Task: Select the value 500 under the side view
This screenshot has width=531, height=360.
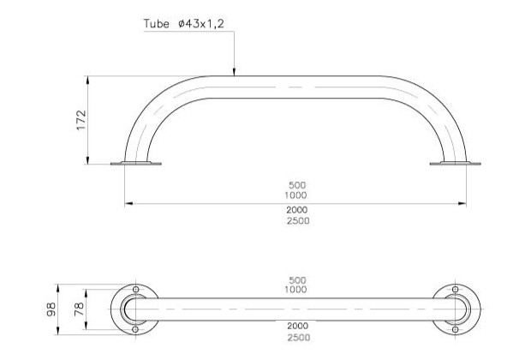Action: tap(297, 184)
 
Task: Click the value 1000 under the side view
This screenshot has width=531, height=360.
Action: tap(297, 195)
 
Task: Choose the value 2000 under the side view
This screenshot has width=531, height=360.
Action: tap(297, 210)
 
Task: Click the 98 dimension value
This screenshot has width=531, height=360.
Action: tap(53, 309)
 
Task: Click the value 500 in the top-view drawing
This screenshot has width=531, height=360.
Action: tap(297, 280)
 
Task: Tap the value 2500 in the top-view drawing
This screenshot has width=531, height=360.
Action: tap(297, 338)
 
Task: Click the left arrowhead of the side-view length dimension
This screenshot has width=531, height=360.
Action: tap(129, 203)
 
